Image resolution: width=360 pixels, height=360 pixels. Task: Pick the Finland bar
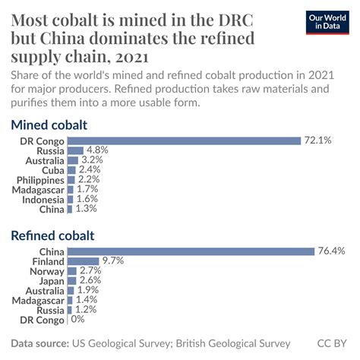(x=84, y=261)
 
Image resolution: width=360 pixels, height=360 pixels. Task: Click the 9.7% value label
(x=113, y=261)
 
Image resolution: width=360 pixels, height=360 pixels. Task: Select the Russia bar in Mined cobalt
(x=76, y=150)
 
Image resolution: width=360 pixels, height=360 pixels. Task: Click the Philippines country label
(x=41, y=179)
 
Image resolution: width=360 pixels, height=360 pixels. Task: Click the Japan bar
(x=71, y=280)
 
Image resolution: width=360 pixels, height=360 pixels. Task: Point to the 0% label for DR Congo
(x=77, y=320)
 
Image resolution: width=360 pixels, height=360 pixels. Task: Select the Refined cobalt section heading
(x=53, y=236)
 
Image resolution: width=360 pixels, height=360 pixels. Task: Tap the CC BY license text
(x=332, y=343)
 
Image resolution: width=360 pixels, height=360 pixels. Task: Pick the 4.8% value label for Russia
(x=96, y=150)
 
